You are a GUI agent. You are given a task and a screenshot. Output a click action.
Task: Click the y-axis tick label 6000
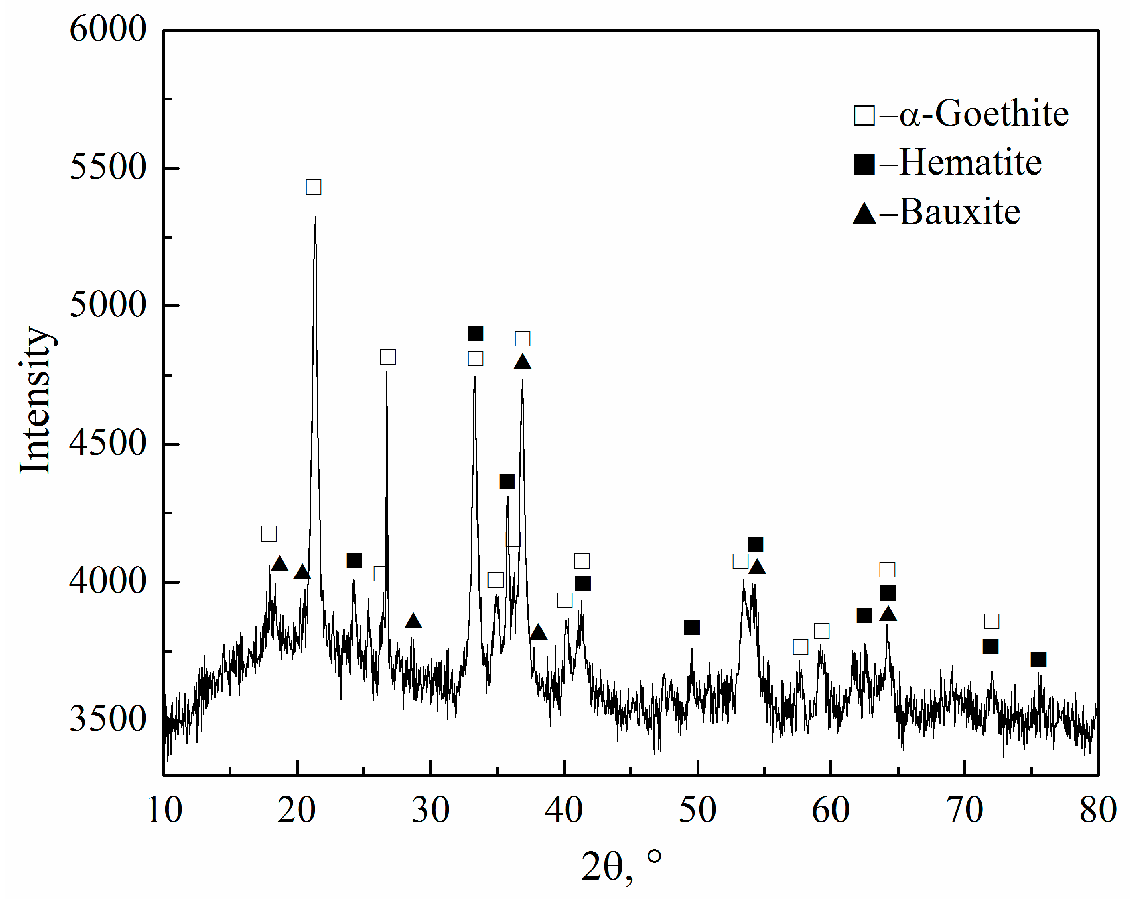pos(108,29)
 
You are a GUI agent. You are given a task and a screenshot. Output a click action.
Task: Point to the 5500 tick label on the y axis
pos(108,167)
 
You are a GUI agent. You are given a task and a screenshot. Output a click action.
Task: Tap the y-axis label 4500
pos(108,443)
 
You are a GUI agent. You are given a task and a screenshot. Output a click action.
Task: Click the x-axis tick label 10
pos(165,810)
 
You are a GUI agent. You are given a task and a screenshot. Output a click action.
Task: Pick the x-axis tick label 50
pos(698,810)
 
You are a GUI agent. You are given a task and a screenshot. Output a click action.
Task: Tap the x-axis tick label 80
pos(1098,810)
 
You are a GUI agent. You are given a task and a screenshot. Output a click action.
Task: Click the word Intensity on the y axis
pos(36,401)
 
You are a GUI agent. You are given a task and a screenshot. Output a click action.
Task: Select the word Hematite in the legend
pos(970,163)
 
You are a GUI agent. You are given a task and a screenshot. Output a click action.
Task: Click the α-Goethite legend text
pos(984,114)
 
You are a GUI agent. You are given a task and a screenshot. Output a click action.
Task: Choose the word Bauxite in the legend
pos(960,213)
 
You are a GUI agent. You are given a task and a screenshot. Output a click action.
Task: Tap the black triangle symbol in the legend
pos(864,215)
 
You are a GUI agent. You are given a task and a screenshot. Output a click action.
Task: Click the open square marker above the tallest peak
pos(313,187)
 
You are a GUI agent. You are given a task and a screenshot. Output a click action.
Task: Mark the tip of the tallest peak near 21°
pos(315,217)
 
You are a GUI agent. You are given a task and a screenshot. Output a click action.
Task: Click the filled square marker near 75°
pos(1038,659)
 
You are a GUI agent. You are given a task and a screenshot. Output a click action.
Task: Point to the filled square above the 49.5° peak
pos(692,627)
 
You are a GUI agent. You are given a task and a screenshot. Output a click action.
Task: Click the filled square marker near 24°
pos(354,560)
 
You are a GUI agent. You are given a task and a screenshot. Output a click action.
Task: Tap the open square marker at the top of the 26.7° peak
pos(387,357)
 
